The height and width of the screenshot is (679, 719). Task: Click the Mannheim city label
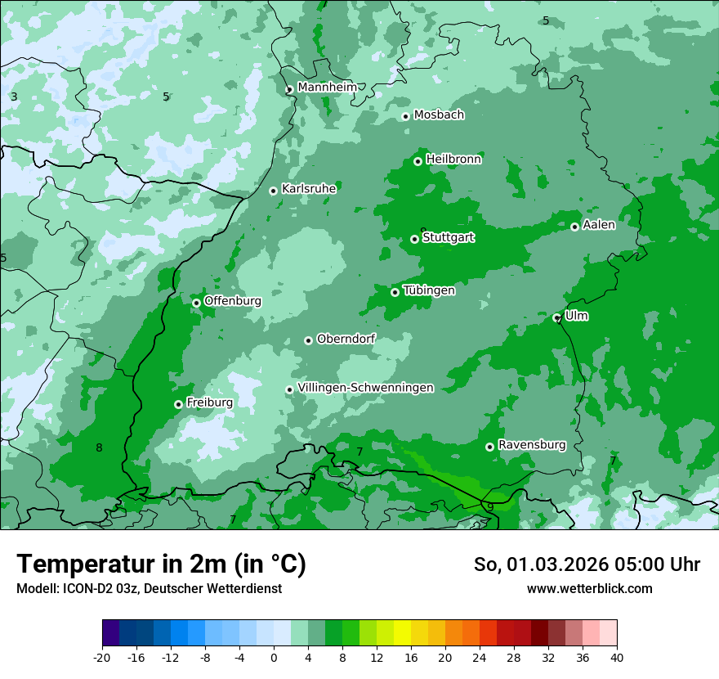click(x=327, y=87)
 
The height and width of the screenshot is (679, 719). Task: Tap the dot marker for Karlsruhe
click(x=274, y=191)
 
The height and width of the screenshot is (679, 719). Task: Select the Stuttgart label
click(x=448, y=237)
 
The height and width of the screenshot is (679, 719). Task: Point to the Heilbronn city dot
click(x=418, y=161)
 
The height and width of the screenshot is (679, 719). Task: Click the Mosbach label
click(x=439, y=115)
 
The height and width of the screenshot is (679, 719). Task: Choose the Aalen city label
click(x=599, y=224)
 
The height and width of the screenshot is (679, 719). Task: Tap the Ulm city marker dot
click(x=557, y=317)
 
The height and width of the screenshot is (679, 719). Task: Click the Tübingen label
click(x=429, y=290)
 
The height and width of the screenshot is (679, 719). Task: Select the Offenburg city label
click(x=233, y=300)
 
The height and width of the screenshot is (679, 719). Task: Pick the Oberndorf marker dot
click(x=308, y=340)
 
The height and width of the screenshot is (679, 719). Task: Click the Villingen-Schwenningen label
click(x=365, y=388)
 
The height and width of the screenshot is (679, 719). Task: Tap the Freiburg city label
click(x=209, y=402)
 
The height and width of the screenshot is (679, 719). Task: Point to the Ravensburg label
click(x=532, y=445)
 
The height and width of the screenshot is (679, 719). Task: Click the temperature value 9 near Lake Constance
click(x=489, y=507)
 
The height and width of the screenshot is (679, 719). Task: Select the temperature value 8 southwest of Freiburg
click(x=99, y=447)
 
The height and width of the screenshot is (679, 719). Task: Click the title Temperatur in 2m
click(x=161, y=564)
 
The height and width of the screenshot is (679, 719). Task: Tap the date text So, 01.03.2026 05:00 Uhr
click(x=587, y=564)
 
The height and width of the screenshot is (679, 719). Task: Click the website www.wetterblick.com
click(x=589, y=588)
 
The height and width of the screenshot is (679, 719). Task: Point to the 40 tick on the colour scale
click(x=616, y=657)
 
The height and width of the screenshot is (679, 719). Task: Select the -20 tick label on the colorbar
click(x=102, y=657)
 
